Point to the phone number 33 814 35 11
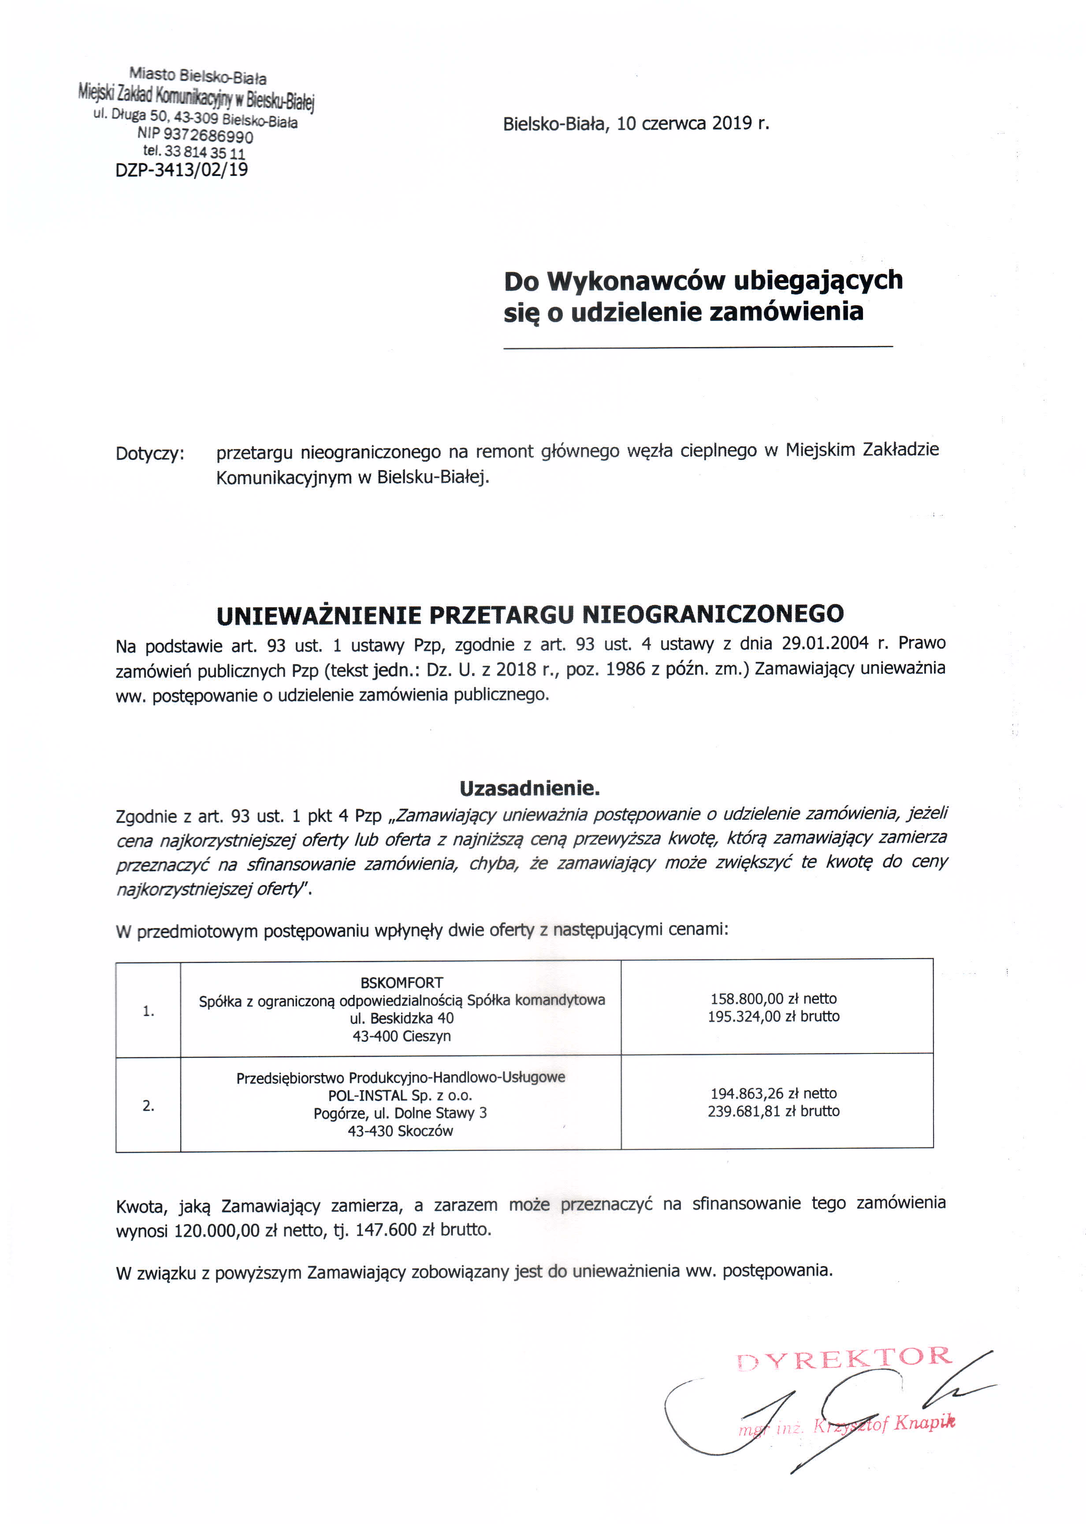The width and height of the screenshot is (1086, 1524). [204, 153]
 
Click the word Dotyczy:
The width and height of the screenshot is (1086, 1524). [150, 454]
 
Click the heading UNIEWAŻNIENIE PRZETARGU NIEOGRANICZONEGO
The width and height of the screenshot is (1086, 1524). [530, 614]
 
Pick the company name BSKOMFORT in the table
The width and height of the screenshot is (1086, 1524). [401, 983]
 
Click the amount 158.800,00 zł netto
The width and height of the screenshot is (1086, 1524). [773, 999]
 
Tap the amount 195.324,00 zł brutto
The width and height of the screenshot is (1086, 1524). [773, 1016]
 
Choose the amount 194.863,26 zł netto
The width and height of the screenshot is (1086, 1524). [773, 1093]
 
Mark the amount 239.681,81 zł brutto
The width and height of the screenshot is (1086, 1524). [773, 1111]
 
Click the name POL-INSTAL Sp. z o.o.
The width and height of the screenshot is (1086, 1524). [400, 1095]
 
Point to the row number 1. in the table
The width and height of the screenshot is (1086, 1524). [149, 1011]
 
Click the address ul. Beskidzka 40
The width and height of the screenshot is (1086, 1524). [401, 1018]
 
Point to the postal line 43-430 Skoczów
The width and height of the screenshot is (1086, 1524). [400, 1131]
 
